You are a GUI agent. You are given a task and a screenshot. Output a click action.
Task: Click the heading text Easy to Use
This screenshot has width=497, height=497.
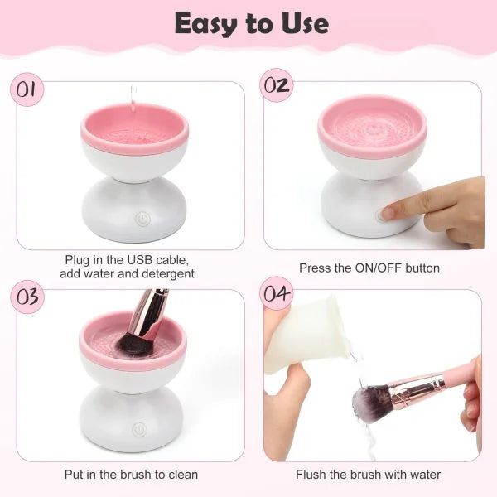(251, 24)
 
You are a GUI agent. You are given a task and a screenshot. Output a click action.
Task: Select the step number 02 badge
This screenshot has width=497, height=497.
(277, 86)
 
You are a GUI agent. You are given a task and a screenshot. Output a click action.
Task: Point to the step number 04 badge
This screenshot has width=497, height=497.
(277, 294)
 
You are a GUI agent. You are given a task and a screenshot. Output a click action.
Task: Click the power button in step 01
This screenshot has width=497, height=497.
(141, 220)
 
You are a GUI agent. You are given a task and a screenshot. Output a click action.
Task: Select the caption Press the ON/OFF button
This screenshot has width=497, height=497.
(369, 268)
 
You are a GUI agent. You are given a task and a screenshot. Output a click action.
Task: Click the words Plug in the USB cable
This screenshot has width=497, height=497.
(130, 260)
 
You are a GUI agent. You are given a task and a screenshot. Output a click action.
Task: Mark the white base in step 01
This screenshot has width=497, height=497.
(135, 207)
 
